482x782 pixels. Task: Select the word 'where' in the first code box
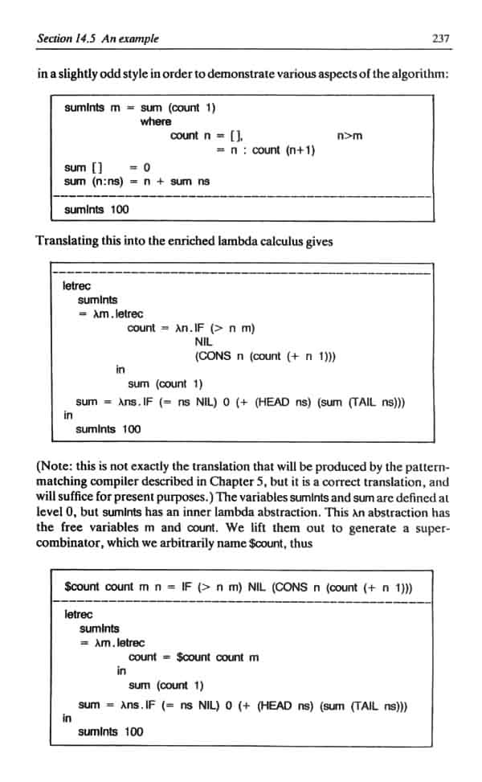[155, 121]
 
